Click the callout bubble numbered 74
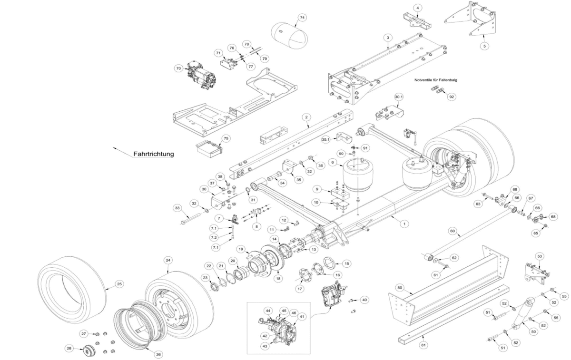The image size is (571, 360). coord(302,18)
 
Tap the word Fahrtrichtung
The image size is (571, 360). coord(153,154)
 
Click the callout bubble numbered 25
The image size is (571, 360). coord(119,284)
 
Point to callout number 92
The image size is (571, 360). coord(452,97)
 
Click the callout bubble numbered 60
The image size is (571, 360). coord(453,232)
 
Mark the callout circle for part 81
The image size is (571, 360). coord(423,344)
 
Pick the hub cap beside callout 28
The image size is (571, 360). coord(89,351)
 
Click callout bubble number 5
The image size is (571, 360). coord(484,46)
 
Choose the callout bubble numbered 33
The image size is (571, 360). coord(177,208)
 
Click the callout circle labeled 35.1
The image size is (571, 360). coord(326,140)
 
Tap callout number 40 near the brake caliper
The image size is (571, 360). coord(364,300)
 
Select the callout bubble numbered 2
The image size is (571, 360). coord(306,117)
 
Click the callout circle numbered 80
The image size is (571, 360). coord(400,288)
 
